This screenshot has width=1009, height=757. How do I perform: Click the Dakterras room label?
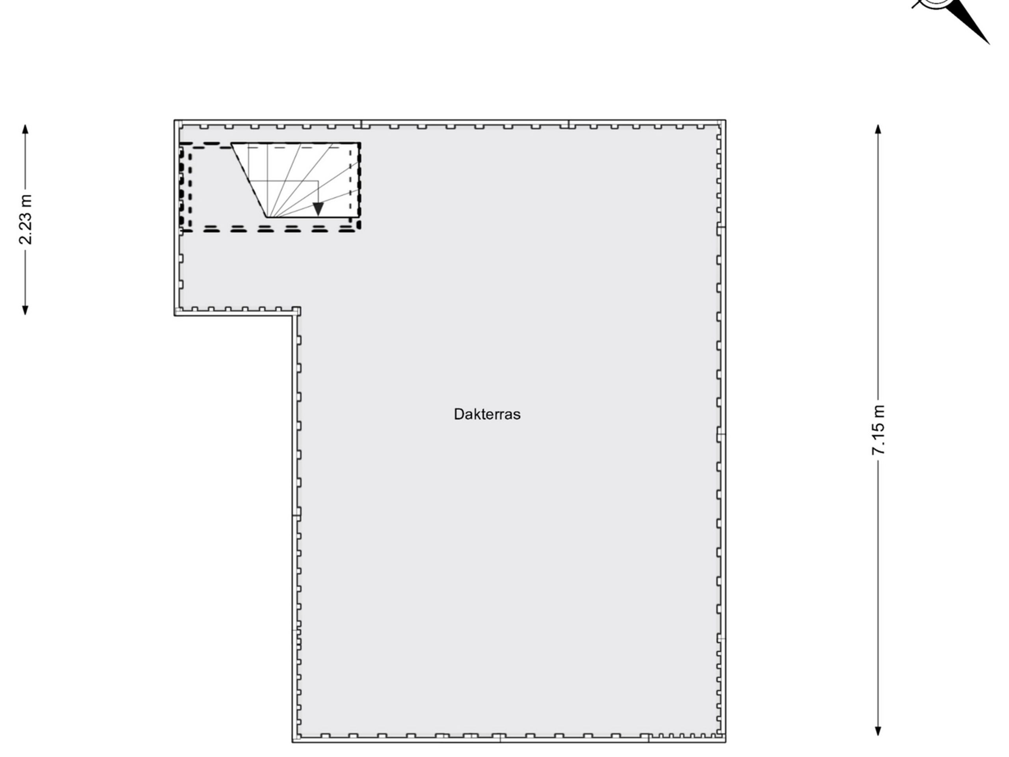click(487, 414)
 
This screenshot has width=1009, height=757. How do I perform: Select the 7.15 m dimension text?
click(878, 430)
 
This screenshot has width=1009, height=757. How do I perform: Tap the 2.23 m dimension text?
click(26, 220)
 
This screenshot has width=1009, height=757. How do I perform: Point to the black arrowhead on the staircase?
click(318, 209)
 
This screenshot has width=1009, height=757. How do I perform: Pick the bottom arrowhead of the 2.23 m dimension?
click(26, 310)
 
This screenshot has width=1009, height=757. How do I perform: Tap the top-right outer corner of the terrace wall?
click(726, 120)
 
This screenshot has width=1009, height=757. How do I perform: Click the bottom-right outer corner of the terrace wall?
click(726, 742)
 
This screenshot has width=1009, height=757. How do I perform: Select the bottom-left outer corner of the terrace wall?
click(292, 742)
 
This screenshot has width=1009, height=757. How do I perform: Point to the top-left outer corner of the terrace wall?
click(174, 120)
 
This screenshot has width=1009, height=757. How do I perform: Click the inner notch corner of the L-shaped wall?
click(292, 315)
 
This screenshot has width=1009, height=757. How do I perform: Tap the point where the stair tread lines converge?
click(267, 217)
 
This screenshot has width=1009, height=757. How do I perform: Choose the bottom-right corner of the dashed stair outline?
click(360, 230)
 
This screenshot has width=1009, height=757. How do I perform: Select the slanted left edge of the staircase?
click(249, 180)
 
